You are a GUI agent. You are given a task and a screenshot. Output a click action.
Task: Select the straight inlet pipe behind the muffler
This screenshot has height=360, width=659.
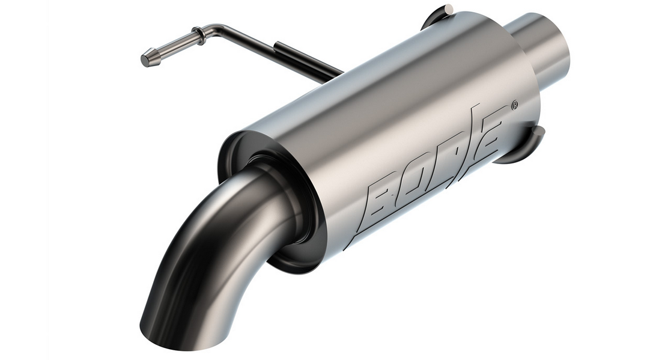(x=541, y=48)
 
